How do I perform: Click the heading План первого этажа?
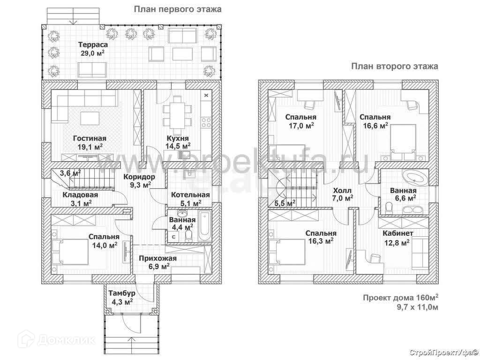tap(177, 9)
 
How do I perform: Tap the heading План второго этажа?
tap(395, 66)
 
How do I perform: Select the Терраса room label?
tap(93, 45)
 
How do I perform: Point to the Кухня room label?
tap(178, 138)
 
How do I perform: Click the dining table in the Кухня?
tap(177, 112)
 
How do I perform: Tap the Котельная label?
tap(190, 195)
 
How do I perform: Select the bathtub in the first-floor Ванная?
tap(203, 227)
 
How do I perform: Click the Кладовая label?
tap(81, 195)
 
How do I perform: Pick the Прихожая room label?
tap(157, 258)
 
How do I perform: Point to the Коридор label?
tap(139, 177)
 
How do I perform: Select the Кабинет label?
tap(398, 233)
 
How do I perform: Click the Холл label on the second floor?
tap(342, 190)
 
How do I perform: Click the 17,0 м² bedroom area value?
tap(301, 126)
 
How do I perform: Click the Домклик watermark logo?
tap(49, 339)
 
